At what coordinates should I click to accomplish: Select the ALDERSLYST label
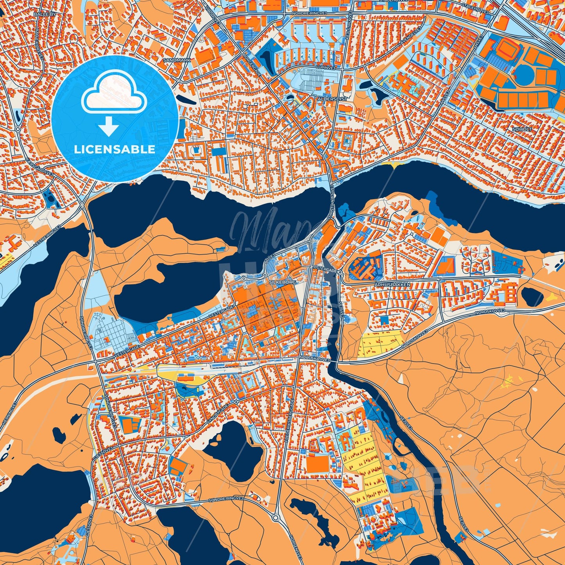(332, 99)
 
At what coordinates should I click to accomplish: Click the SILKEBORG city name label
(281, 282)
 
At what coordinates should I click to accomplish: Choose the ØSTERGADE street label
(325, 270)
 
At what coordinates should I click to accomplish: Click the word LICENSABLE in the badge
(115, 149)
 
